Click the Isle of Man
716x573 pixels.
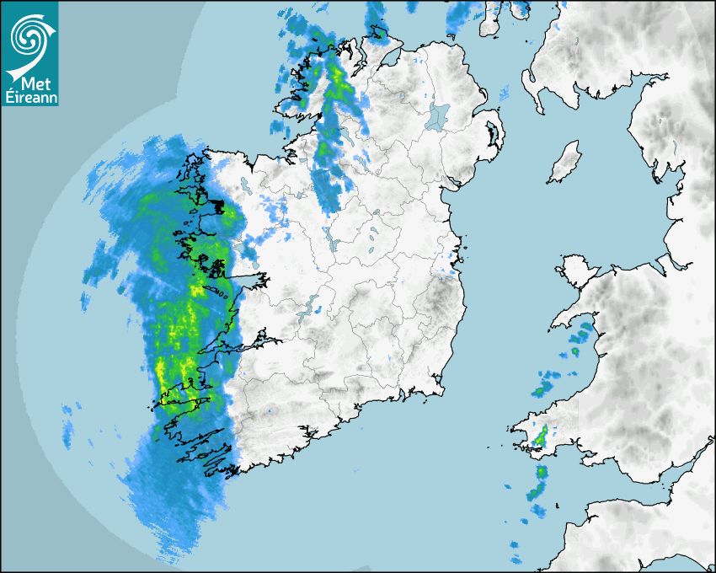pos(565,163)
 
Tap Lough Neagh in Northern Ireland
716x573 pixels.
pos(439,115)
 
